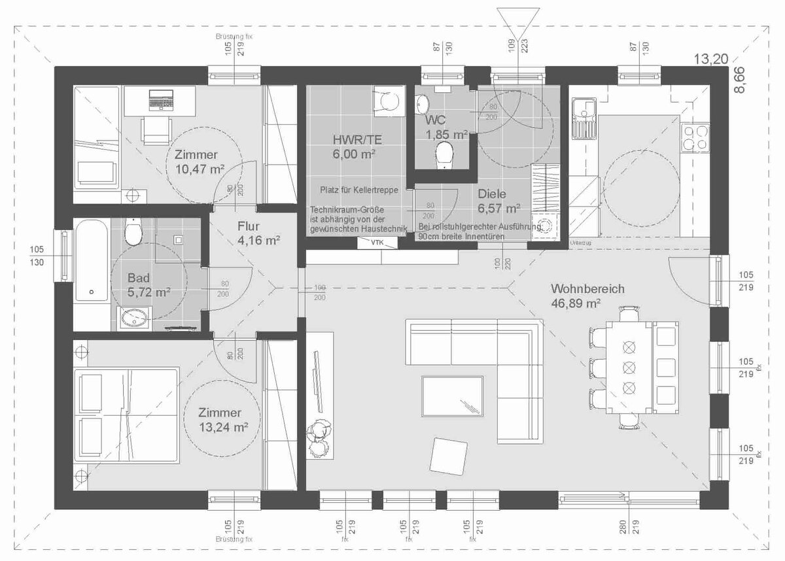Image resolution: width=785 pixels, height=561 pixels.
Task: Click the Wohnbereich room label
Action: [x=587, y=288]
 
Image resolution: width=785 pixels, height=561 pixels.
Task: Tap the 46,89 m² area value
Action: [x=576, y=303]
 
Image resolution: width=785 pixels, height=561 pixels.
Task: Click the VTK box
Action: [x=377, y=242]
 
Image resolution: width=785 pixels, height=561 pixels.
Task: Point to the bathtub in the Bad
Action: [x=91, y=260]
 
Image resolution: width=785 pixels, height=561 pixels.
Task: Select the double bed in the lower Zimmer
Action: [x=127, y=416]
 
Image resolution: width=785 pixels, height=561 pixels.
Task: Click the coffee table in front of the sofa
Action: [x=453, y=396]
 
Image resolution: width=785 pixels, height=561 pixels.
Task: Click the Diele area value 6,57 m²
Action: [x=498, y=209]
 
